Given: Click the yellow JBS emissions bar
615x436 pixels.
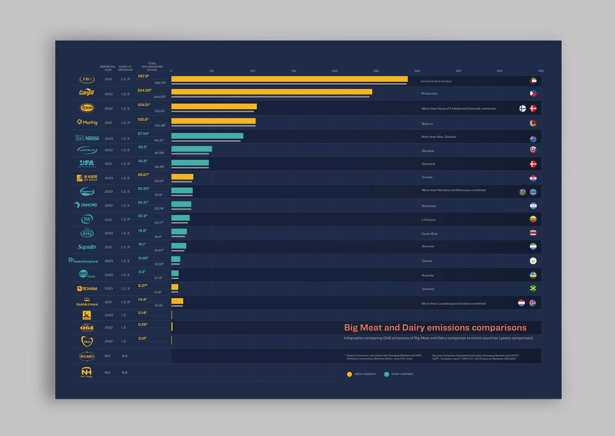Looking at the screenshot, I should (x=289, y=79).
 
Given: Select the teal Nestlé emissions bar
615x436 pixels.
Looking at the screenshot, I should (x=207, y=136).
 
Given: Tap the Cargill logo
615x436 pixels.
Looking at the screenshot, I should (x=87, y=93).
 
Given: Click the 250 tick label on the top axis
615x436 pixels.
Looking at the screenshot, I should (x=376, y=71).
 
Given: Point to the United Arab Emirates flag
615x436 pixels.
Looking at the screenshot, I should (x=533, y=81).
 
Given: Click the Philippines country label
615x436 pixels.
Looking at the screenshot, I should (x=429, y=93).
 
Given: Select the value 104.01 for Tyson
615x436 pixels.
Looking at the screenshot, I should (x=144, y=105).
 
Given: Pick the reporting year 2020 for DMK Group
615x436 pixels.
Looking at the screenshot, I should (x=109, y=275).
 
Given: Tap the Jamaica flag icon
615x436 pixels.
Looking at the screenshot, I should (x=533, y=288).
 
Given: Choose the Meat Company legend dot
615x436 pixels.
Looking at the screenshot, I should (x=349, y=374).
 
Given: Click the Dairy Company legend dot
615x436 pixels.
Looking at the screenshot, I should (x=386, y=374).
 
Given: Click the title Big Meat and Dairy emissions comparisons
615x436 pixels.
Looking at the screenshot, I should (x=435, y=327).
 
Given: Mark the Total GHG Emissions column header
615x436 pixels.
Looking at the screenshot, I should (x=152, y=67).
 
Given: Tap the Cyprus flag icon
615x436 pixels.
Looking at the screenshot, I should (x=533, y=261).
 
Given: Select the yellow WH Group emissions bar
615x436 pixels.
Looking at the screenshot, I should (x=182, y=177).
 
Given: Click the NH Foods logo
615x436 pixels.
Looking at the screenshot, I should (x=86, y=372).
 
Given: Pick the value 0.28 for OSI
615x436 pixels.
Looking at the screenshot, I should (x=142, y=325).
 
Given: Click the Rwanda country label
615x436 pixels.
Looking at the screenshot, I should (x=427, y=276).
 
